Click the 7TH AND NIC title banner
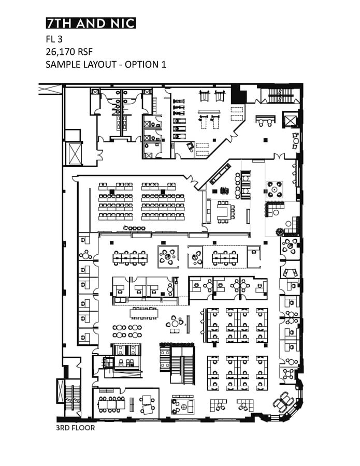[91, 23]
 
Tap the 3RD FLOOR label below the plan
[75, 429]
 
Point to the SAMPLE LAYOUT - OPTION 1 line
[106, 65]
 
